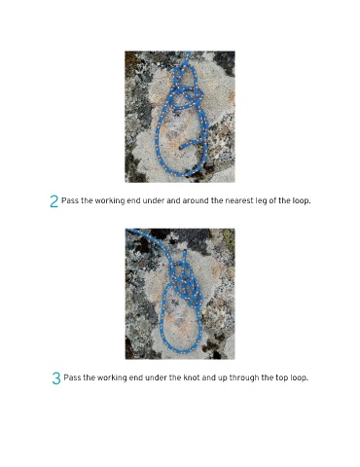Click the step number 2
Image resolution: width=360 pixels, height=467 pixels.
coord(54,201)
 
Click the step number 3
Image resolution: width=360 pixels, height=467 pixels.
coord(56,378)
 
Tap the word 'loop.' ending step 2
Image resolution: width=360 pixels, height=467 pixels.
coord(302,201)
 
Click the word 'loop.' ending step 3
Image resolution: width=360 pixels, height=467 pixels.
coord(299,378)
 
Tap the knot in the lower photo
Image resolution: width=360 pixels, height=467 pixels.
coord(186,281)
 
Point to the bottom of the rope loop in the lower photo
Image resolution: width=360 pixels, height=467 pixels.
coord(181,351)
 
